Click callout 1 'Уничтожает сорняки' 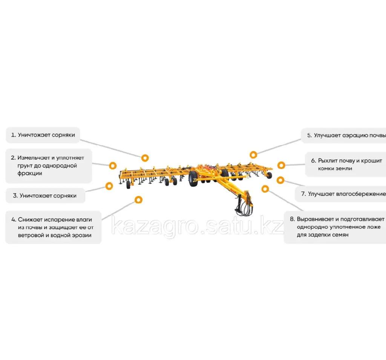[x=43, y=135]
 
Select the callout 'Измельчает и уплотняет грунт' [x=49, y=166]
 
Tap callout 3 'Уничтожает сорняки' [x=45, y=196]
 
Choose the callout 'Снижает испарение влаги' [x=54, y=227]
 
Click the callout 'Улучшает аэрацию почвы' [x=344, y=135]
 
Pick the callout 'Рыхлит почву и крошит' [x=346, y=164]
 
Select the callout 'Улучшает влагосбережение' [x=340, y=194]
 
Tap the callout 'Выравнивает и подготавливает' [x=335, y=227]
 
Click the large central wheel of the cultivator [x=193, y=178]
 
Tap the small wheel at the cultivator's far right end [x=269, y=175]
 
